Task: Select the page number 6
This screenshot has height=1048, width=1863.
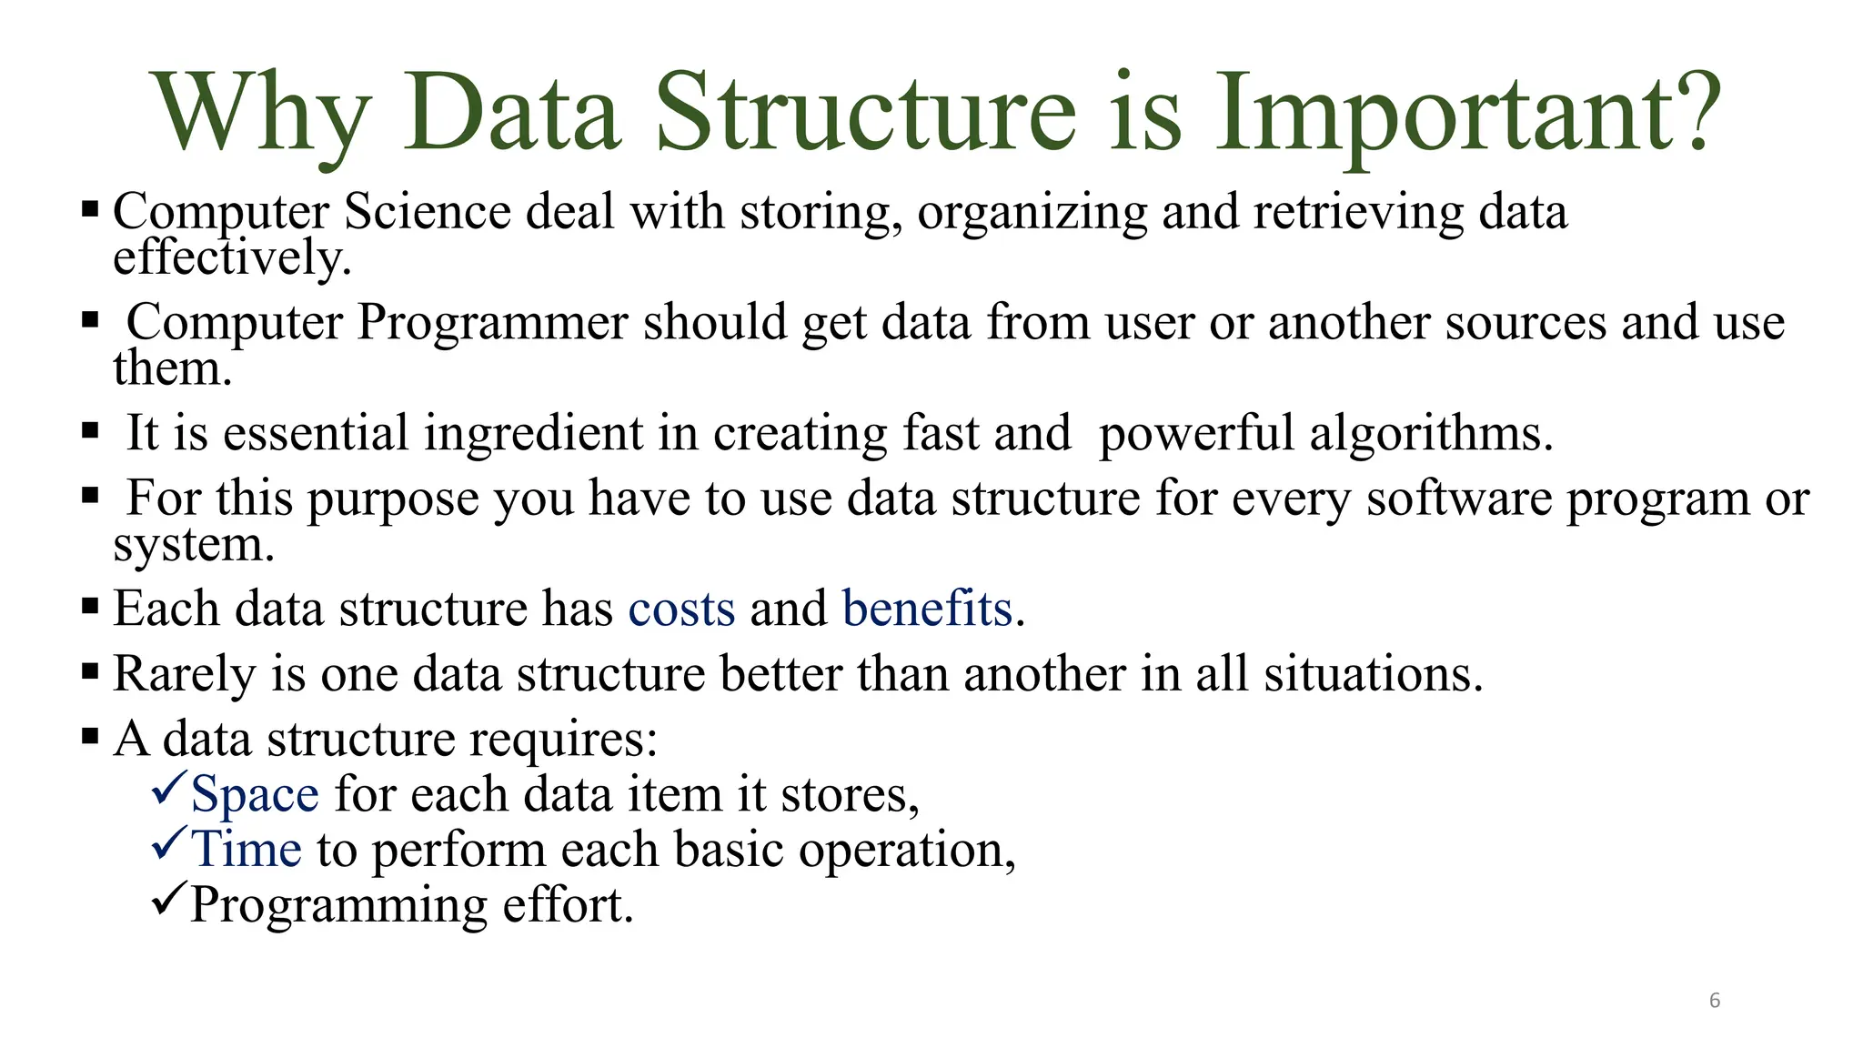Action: tap(1715, 1001)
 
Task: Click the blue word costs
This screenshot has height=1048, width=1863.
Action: tap(681, 609)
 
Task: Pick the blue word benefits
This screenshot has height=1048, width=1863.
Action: tap(927, 609)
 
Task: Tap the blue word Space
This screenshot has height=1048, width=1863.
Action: tap(255, 795)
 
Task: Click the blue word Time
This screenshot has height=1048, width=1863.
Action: tap(246, 850)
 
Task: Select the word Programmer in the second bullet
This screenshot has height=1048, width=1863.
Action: tap(492, 323)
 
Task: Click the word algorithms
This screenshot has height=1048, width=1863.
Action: tap(1430, 434)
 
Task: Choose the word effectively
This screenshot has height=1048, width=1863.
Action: tap(231, 258)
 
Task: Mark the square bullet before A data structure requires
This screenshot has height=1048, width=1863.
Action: tap(89, 735)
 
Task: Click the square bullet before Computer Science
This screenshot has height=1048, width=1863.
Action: tap(89, 210)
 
